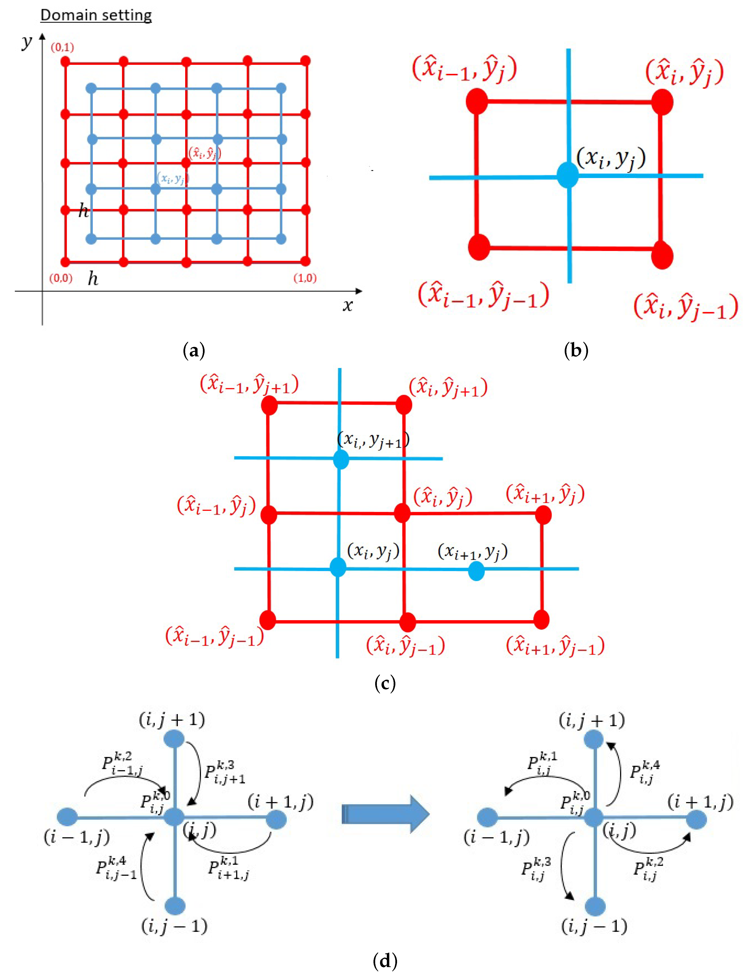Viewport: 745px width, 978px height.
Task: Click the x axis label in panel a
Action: click(347, 305)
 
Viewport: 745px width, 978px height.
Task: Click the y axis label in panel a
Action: click(27, 42)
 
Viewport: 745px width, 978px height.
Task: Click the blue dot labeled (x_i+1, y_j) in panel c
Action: click(476, 571)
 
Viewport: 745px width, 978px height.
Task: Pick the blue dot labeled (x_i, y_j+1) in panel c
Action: click(341, 459)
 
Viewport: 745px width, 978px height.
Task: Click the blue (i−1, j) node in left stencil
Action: click(67, 817)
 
